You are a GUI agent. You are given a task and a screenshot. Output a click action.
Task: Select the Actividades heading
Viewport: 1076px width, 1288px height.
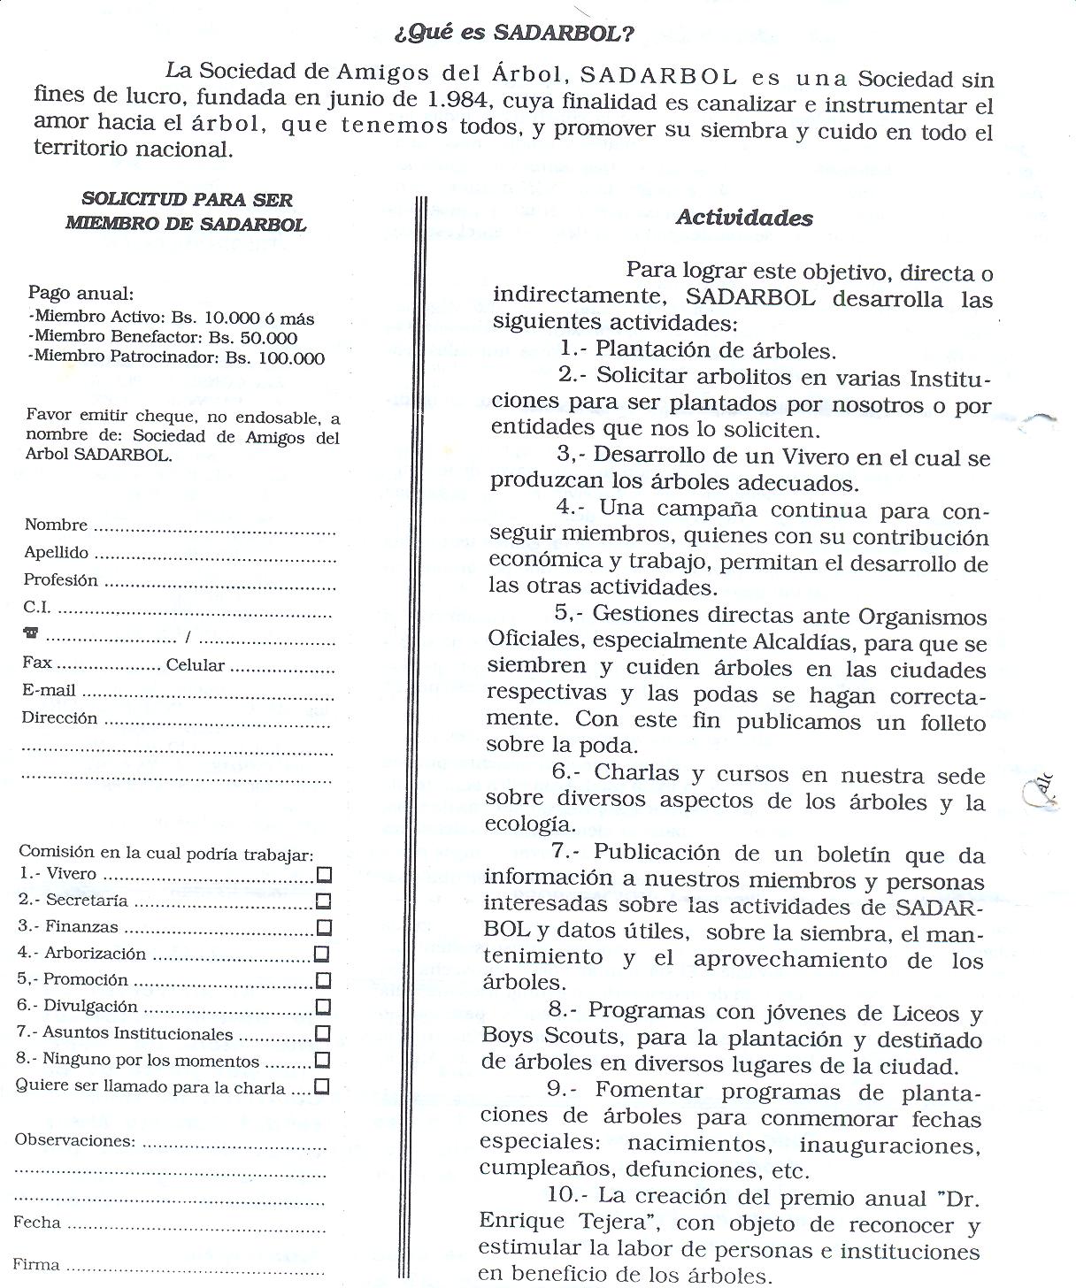744,218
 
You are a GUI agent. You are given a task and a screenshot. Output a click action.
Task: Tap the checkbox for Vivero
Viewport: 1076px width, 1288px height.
324,875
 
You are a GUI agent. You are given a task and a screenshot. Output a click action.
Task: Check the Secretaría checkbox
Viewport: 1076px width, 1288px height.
324,901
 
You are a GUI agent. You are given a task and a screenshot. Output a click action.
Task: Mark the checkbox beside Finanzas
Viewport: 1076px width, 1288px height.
324,928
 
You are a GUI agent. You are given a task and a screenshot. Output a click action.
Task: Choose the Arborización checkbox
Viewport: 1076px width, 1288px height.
322,954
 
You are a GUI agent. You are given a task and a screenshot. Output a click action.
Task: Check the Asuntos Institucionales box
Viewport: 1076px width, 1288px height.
322,1033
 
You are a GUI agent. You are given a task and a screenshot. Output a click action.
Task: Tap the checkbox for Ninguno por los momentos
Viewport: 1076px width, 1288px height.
322,1060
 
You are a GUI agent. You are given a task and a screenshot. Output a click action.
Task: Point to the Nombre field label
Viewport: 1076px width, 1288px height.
56,525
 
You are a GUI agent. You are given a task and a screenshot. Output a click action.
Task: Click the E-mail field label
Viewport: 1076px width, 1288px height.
50,691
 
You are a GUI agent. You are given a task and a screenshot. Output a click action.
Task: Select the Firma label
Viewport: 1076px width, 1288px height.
36,1264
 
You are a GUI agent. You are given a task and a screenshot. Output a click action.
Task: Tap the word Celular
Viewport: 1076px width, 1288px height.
196,665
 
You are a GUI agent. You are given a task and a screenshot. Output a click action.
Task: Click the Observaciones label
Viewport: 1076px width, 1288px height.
74,1140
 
